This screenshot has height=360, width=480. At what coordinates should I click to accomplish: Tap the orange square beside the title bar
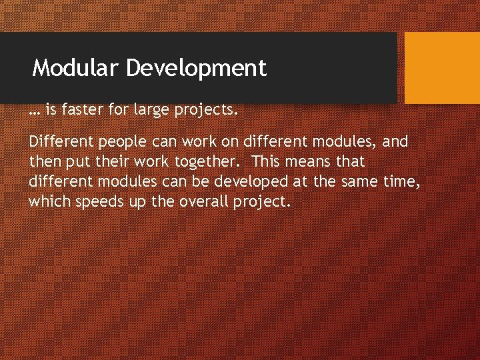click(x=442, y=68)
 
